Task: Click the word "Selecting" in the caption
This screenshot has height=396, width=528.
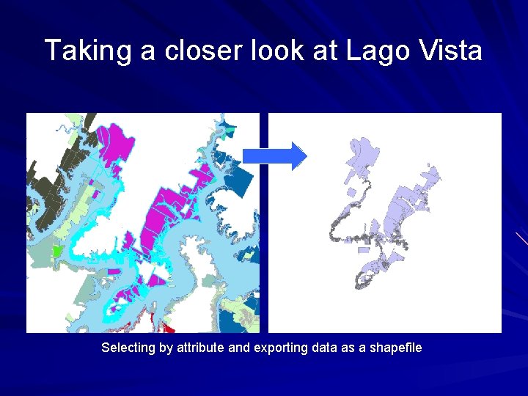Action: pos(129,348)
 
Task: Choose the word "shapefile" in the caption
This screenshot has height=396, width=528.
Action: pos(395,348)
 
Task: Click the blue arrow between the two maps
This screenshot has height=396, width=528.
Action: pos(275,155)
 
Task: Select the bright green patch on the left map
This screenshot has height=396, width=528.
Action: pos(57,251)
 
